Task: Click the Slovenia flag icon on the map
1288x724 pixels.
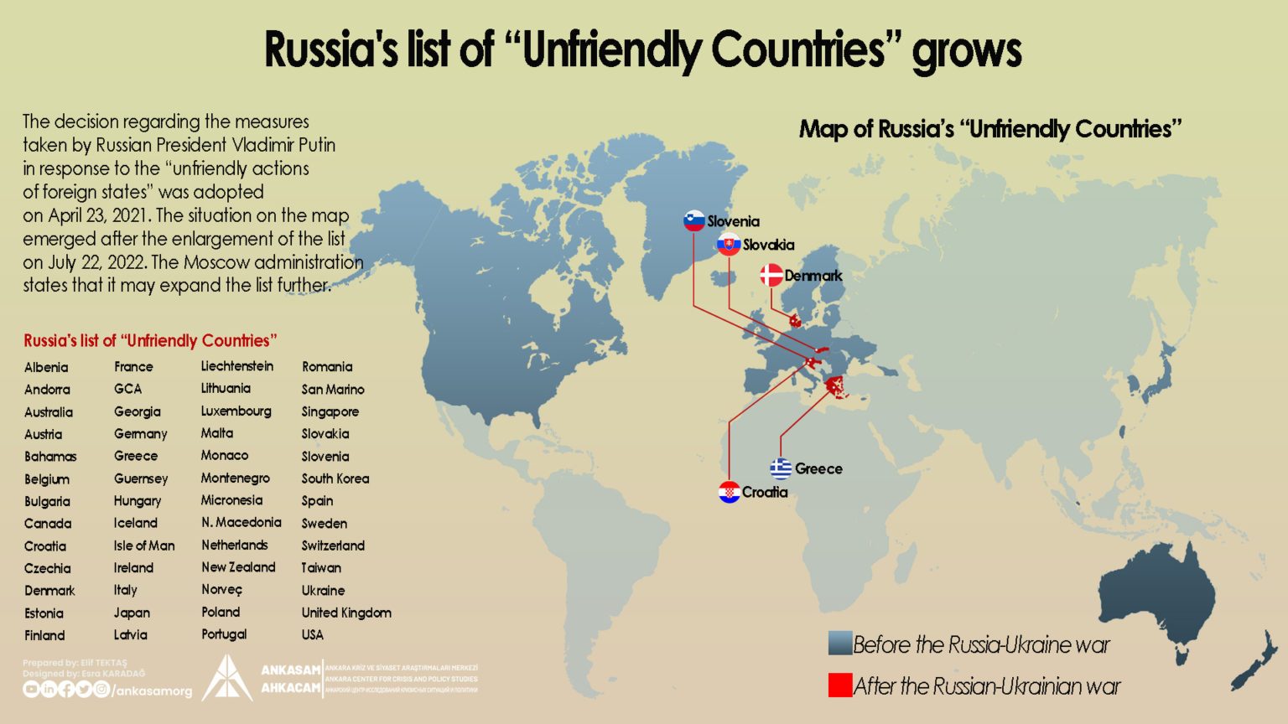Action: [693, 220]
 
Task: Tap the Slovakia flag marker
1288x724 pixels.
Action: [728, 244]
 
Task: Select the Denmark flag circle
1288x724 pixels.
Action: [771, 275]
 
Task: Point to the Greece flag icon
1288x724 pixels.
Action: [781, 468]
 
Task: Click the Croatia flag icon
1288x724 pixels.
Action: [729, 492]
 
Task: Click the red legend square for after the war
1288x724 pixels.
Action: [839, 685]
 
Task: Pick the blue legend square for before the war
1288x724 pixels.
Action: [839, 644]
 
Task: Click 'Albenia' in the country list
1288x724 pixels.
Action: [46, 367]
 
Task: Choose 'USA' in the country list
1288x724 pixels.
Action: [313, 634]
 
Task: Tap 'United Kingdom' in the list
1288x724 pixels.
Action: [346, 613]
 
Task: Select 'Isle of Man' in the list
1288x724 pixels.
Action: [144, 546]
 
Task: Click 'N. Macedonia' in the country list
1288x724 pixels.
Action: [241, 522]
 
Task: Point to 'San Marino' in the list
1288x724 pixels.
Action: [333, 389]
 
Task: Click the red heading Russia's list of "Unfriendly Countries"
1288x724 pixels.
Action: [150, 340]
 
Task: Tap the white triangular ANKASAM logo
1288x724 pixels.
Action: [226, 679]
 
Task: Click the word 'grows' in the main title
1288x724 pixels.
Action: [966, 50]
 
